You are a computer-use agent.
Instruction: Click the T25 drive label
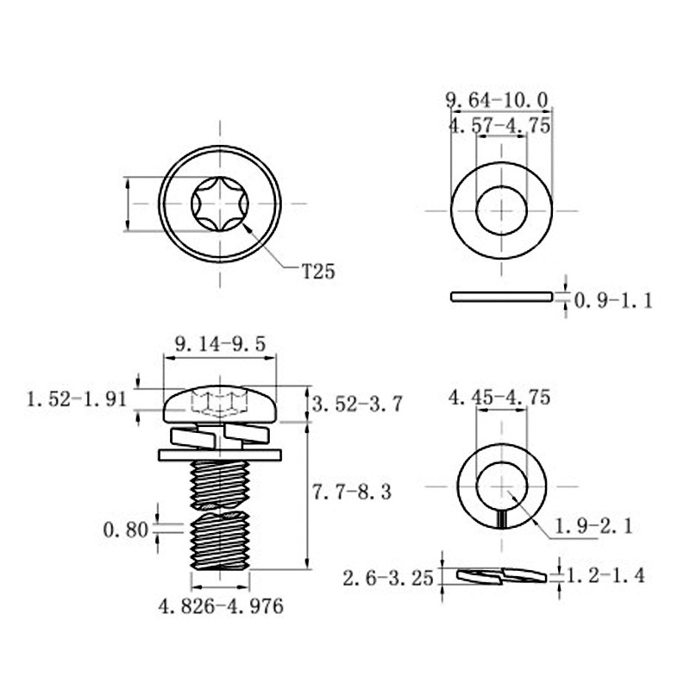pos(318,272)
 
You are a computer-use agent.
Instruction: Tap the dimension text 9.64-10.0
pos(498,100)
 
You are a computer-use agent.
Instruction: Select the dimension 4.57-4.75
pos(499,126)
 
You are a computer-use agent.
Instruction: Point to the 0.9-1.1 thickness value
pos(613,301)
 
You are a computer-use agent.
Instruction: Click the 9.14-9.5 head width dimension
pos(220,343)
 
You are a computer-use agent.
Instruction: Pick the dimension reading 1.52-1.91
pos(77,399)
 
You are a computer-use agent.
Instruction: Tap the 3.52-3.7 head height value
pos(357,404)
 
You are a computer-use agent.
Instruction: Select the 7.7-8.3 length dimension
pos(351,492)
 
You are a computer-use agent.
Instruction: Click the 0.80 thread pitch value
pos(125,530)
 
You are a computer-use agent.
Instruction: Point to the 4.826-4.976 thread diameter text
pos(221,606)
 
